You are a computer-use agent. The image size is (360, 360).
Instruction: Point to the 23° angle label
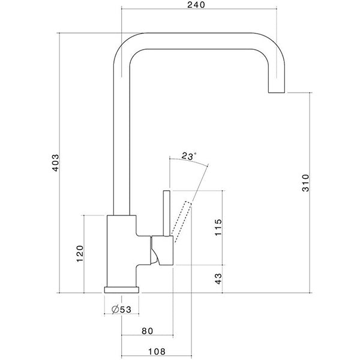188,157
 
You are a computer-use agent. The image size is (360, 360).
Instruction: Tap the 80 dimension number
148,330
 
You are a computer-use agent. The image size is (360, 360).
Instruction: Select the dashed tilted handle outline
182,219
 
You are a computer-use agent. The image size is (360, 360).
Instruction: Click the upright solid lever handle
167,213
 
